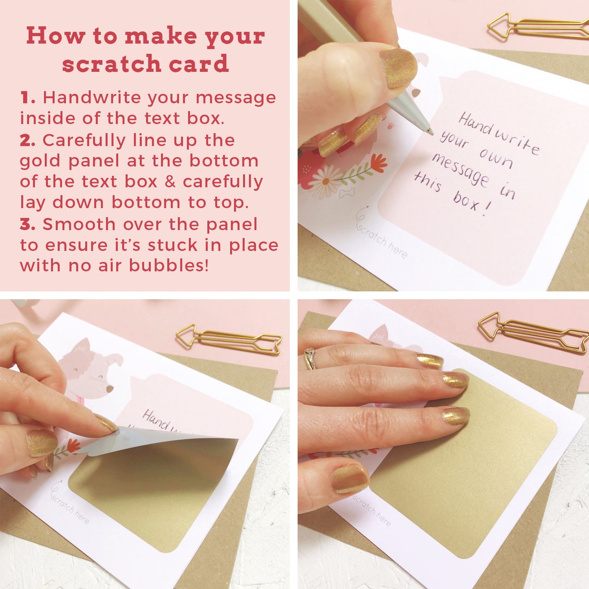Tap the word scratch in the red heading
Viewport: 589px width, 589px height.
(112, 63)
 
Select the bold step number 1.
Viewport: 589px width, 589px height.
(28, 98)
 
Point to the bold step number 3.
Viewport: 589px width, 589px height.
(28, 224)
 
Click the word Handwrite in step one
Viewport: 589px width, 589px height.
(92, 97)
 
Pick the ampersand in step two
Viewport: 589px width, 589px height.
(170, 181)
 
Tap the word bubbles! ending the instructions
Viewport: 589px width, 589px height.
(169, 265)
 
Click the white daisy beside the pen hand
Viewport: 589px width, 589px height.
(326, 181)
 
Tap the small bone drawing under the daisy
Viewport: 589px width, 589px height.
(347, 192)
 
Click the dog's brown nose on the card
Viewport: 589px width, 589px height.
(109, 389)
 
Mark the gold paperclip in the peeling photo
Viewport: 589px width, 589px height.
(229, 340)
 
